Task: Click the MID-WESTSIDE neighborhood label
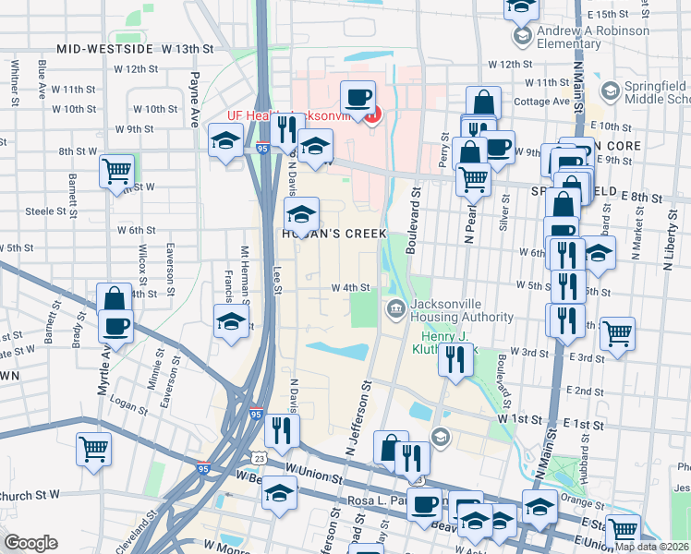[x=102, y=48]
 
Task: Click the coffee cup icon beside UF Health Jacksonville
[x=358, y=97]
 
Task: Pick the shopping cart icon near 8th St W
[x=117, y=171]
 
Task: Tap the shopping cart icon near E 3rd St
[x=617, y=334]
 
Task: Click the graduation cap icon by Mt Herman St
[x=231, y=322]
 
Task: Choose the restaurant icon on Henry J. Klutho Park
[x=454, y=358]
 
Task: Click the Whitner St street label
[x=15, y=82]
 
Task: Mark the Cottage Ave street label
[x=541, y=102]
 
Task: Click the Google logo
[x=30, y=542]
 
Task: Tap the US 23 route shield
[x=259, y=459]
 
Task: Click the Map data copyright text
[x=651, y=546]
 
